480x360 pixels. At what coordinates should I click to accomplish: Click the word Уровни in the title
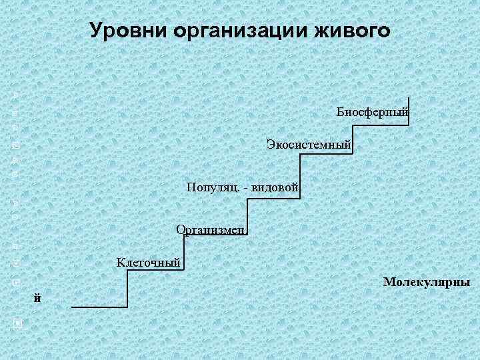click(x=127, y=31)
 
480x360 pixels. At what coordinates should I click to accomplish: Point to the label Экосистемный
click(x=309, y=144)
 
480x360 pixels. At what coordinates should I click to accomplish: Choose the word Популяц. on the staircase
click(x=213, y=189)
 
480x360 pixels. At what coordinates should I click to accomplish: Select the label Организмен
click(x=211, y=230)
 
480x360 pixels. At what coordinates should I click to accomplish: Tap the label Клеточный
click(x=149, y=262)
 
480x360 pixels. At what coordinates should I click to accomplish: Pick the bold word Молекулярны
click(x=427, y=283)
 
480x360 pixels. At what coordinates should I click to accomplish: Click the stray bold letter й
click(x=38, y=298)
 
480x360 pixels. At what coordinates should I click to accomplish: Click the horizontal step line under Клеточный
click(x=155, y=270)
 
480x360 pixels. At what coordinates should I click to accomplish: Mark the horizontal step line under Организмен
click(x=217, y=235)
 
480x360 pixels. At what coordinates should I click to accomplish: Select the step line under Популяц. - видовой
click(x=273, y=197)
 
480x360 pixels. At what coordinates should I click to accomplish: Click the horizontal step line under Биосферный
click(x=381, y=121)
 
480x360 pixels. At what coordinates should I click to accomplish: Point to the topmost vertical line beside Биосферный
click(x=409, y=103)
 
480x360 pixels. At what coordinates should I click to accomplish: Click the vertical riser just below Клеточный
click(x=127, y=288)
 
